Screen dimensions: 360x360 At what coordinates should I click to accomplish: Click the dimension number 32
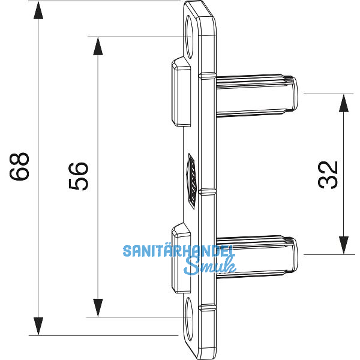[329, 175]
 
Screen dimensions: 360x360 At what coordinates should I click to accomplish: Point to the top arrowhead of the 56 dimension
[96, 46]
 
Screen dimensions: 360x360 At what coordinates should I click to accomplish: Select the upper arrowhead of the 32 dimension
[343, 103]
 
